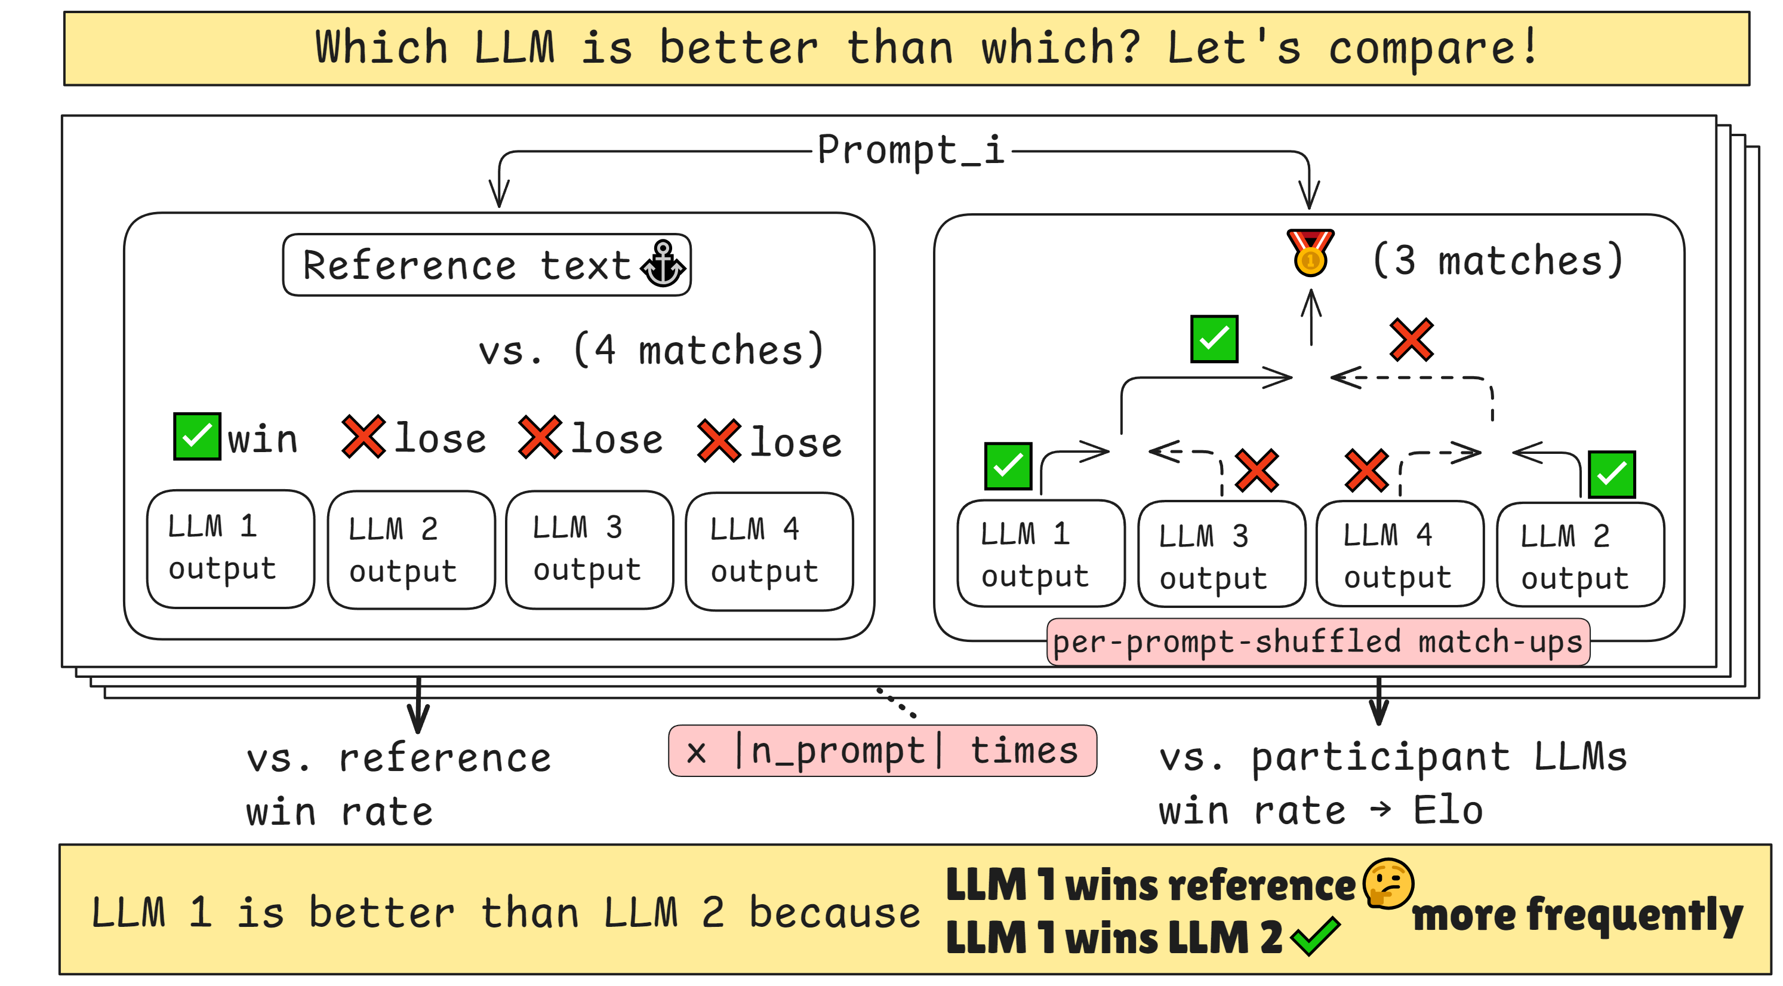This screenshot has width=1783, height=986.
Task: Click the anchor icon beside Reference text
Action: coord(663,264)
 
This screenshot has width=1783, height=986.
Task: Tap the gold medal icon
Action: coord(1310,253)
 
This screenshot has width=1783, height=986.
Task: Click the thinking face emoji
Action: coord(1388,883)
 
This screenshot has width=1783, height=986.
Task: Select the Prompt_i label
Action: coord(910,150)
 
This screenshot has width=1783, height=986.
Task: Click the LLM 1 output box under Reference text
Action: coord(230,549)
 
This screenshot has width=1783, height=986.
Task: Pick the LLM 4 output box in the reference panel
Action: coord(769,551)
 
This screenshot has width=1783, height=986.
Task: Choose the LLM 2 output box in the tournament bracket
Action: coord(1580,555)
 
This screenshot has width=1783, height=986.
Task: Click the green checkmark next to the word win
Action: coord(197,436)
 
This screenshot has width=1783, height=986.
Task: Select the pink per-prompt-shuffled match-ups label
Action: coord(1318,642)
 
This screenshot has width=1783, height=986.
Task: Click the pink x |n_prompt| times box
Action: coord(882,751)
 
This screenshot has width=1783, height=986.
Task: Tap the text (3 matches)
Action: coord(1497,260)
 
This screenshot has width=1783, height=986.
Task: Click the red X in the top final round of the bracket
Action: coord(1412,340)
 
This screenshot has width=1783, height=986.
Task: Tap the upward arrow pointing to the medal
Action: coord(1311,317)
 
